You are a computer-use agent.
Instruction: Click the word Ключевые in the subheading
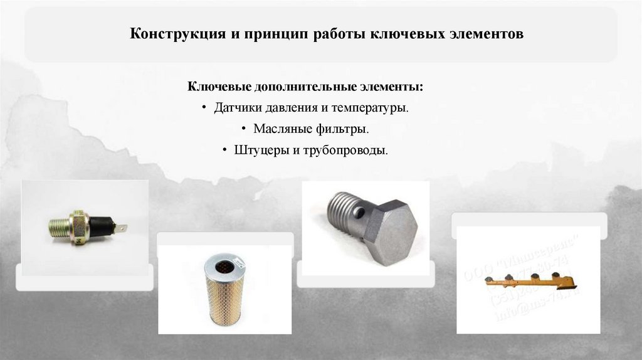pyautogui.click(x=219, y=86)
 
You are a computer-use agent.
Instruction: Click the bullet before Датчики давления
pyautogui.click(x=204, y=108)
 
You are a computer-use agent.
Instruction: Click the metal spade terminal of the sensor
pyautogui.click(x=124, y=228)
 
